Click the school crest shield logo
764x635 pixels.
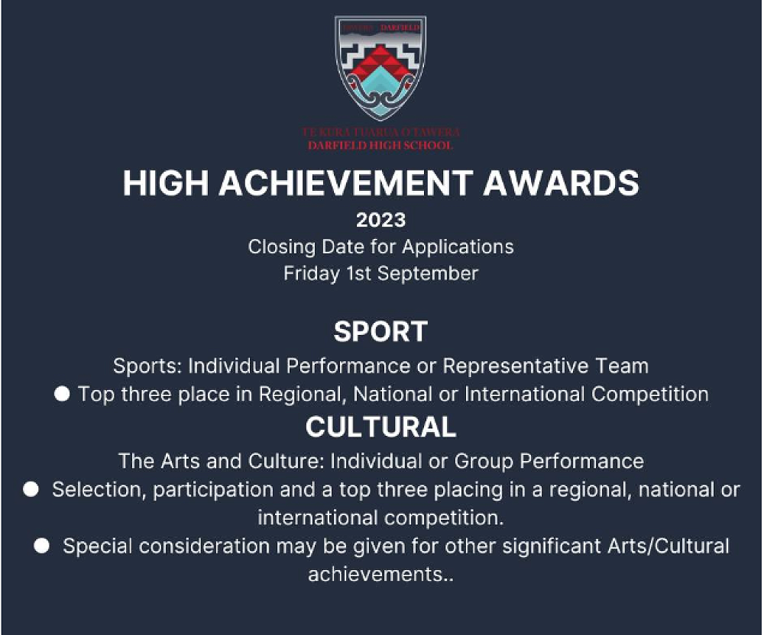pos(380,68)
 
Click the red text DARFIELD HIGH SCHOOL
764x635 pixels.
pos(380,146)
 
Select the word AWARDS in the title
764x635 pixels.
pos(561,183)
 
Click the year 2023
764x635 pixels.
pos(381,220)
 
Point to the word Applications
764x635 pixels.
pos(458,247)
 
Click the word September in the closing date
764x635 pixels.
pos(428,273)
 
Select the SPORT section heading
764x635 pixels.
pos(381,332)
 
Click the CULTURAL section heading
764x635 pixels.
pos(381,427)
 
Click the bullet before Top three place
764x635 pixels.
pos(62,394)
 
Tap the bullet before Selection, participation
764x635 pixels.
pos(31,489)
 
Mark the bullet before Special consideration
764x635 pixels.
pos(41,546)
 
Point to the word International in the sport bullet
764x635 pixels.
pos(524,394)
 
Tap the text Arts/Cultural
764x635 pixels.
pos(668,546)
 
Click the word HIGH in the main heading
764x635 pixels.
pos(166,183)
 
